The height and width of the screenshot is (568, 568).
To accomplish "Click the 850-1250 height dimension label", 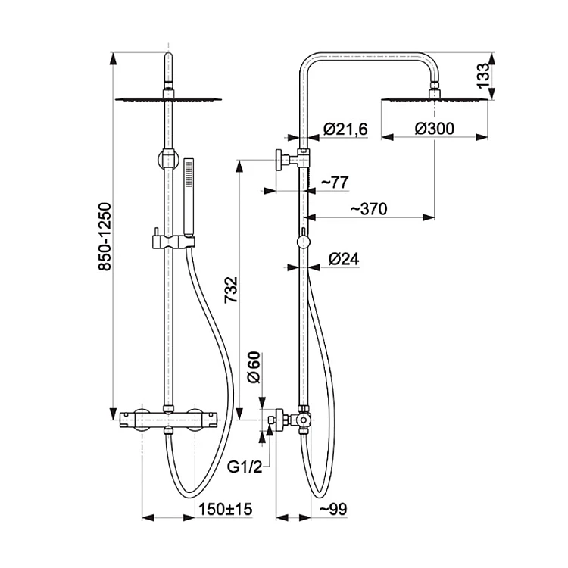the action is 105,236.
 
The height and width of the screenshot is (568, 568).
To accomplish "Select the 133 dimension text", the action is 483,76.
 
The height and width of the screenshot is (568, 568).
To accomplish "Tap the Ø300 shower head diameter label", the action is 435,129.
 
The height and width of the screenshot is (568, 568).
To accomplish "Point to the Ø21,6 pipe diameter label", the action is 345,129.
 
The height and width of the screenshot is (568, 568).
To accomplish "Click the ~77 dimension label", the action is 334,182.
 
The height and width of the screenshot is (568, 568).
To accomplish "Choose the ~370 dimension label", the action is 369,209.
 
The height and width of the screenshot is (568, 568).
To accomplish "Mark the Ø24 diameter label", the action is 344,259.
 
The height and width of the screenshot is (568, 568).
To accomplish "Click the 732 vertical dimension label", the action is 231,290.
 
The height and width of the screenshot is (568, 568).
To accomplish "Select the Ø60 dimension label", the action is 254,367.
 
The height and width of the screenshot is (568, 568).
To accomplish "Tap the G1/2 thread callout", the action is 245,467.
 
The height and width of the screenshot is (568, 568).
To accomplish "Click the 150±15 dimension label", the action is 226,509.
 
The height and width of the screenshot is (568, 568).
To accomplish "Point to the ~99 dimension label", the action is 333,509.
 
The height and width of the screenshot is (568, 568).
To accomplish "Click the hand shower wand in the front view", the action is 189,197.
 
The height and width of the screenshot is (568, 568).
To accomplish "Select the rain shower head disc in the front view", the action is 168,100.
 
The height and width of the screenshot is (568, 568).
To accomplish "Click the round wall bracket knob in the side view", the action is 279,159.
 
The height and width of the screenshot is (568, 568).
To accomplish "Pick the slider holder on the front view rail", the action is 173,242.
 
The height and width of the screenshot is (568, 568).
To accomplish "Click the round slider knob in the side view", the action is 303,242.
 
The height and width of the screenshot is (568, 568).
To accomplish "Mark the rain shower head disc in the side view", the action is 435,100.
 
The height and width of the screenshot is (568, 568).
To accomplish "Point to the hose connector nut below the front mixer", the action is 167,431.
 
